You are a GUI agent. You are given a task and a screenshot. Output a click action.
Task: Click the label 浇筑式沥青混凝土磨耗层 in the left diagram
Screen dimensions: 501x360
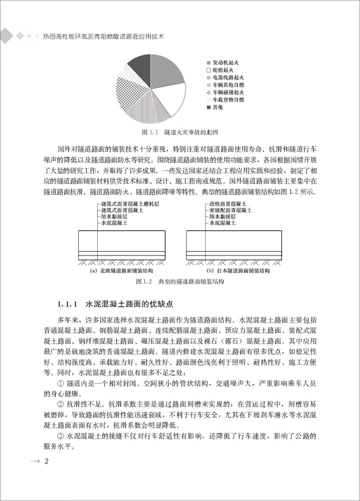[x=129, y=205]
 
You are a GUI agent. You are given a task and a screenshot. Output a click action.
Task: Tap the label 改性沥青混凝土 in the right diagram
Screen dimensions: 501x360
[x=230, y=205]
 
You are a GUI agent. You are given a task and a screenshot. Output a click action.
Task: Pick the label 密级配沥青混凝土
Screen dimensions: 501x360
[x=233, y=211]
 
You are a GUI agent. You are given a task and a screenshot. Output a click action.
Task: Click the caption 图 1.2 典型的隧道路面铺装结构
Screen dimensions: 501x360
[x=180, y=282]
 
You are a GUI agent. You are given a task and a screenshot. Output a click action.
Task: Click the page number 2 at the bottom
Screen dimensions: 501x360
[x=47, y=461]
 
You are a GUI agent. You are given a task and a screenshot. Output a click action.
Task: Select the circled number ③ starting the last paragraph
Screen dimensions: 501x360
[x=61, y=436]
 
